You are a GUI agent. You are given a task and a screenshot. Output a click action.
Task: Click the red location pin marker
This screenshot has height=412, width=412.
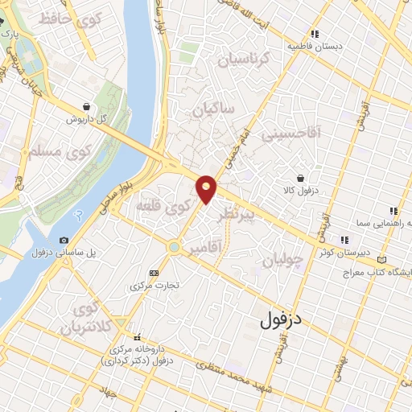point(207,188)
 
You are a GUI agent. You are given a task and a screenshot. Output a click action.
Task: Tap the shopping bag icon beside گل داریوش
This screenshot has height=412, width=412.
point(86,105)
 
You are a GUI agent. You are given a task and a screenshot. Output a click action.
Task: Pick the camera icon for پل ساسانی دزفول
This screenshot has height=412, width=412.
point(64,240)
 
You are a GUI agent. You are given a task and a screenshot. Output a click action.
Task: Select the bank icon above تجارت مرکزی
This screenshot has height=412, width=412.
point(154,273)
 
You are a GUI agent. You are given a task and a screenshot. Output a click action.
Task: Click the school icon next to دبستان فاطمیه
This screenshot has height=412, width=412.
point(315,34)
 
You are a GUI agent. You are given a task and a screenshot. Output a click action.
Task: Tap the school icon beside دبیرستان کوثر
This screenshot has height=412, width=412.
point(345,239)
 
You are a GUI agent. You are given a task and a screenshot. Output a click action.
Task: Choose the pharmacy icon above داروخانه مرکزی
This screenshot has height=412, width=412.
point(138,337)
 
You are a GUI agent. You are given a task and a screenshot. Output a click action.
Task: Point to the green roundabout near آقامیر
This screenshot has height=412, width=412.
point(173,246)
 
